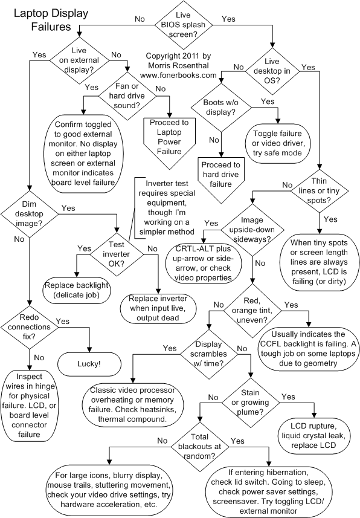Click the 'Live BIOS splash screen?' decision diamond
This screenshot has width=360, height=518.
(183, 25)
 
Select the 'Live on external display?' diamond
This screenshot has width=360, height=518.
(79, 60)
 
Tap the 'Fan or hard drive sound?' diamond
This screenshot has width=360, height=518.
(127, 96)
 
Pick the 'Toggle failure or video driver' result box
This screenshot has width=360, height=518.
(277, 143)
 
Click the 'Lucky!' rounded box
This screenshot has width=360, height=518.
(89, 364)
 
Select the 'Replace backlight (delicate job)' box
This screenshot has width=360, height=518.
(77, 290)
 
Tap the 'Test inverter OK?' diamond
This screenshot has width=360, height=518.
(117, 254)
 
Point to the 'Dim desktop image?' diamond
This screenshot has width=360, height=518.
(30, 214)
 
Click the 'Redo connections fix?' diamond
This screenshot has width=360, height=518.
(30, 327)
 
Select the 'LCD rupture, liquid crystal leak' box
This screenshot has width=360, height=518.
(313, 435)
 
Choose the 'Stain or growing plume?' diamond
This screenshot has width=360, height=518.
(250, 403)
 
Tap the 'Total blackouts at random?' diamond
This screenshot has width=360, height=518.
(200, 447)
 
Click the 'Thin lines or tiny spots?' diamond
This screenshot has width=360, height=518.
(320, 190)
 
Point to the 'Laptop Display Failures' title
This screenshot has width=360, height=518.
(51, 20)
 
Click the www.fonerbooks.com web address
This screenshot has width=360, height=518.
(178, 75)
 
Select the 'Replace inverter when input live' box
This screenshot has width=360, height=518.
(158, 308)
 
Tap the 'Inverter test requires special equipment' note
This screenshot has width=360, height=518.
(164, 207)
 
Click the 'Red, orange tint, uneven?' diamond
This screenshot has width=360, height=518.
(252, 311)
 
